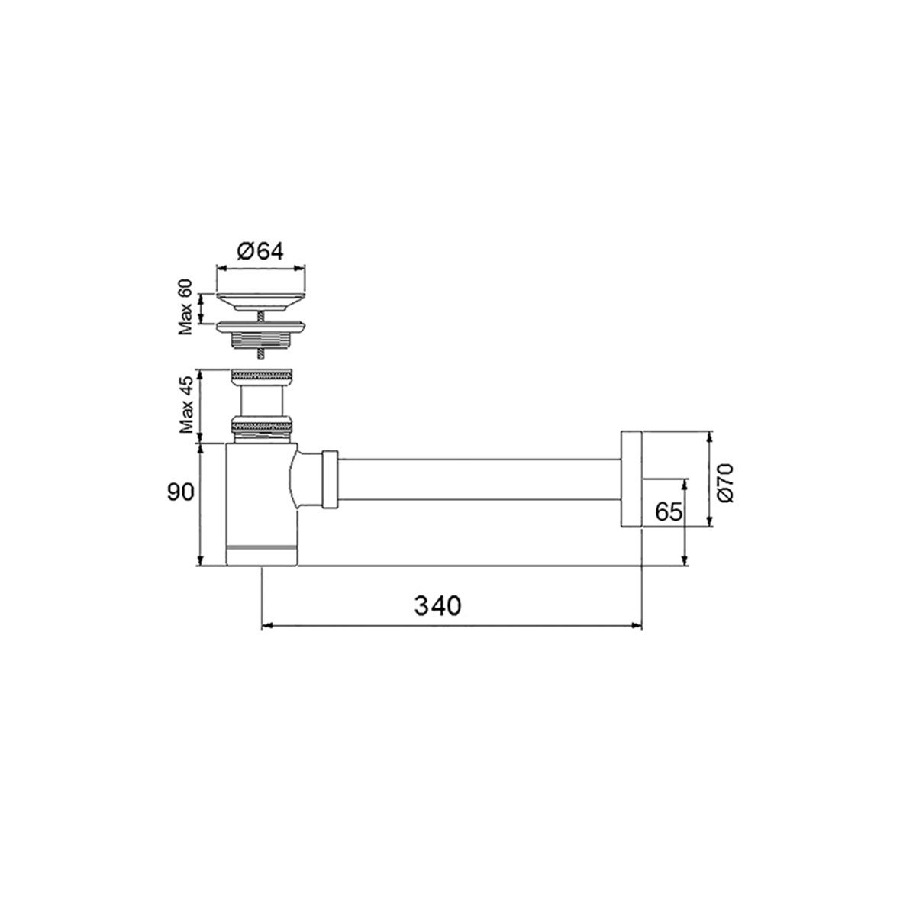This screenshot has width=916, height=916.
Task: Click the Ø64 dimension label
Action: [x=260, y=252]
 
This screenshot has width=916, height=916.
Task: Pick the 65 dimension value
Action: [x=668, y=511]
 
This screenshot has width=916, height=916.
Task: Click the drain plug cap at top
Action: [x=261, y=298]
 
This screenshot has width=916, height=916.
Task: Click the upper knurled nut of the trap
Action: [x=262, y=377]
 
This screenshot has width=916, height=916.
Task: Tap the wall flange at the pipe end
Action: [x=630, y=479]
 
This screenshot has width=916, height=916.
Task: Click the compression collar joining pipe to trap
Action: [x=330, y=479]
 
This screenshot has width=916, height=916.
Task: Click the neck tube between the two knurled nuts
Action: [x=262, y=401]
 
